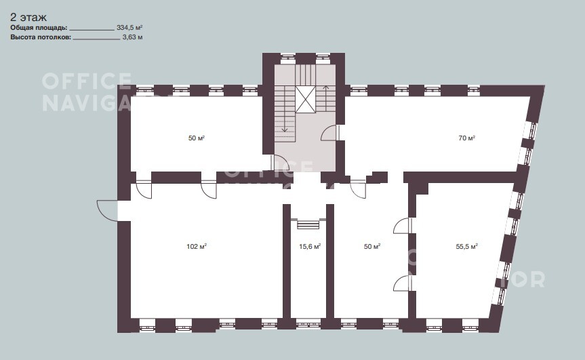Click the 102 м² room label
[197, 247]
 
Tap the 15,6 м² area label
[310, 247]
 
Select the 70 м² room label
[467, 138]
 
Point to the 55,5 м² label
[467, 247]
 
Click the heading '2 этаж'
[28, 18]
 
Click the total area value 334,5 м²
[129, 28]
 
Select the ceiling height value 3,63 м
[132, 37]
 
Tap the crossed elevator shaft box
[306, 99]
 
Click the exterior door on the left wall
[107, 211]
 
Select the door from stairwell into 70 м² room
[331, 132]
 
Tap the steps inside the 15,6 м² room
[308, 224]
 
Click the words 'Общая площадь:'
[39, 28]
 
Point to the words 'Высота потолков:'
[41, 37]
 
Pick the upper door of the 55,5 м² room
[403, 226]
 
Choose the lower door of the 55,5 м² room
[403, 283]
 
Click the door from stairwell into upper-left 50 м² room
[280, 162]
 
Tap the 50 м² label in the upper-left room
[197, 138]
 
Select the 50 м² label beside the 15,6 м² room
[372, 247]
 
